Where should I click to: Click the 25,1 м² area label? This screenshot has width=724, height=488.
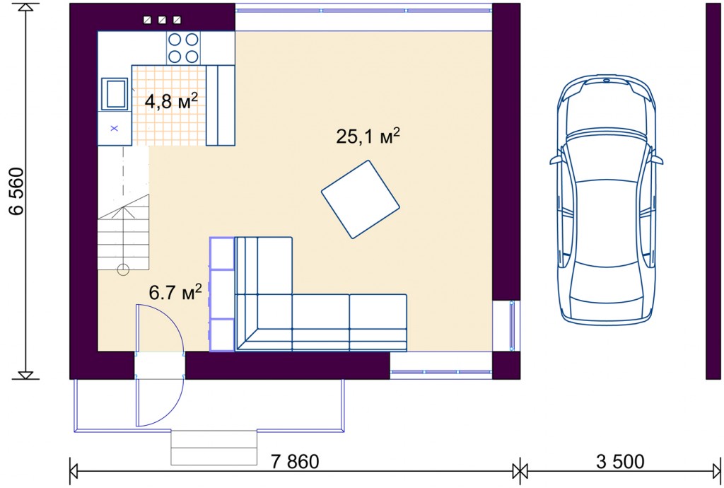tap(368, 136)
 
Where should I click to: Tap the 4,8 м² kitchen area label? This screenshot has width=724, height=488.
tap(171, 101)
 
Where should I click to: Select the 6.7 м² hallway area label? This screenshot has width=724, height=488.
tap(175, 293)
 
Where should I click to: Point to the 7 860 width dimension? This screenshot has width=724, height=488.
tap(295, 461)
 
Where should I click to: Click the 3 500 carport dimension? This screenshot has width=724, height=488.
tap(620, 461)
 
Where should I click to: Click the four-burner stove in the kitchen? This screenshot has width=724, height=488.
tap(183, 48)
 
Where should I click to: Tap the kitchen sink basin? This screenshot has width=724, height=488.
tap(114, 94)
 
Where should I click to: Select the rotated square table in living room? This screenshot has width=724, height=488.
tap(360, 199)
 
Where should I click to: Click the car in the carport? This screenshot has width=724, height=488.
tap(606, 200)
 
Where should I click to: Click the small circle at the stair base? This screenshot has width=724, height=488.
tap(123, 269)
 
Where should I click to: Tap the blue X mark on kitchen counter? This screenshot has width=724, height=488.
tap(114, 128)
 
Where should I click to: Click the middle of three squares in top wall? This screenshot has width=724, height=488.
tap(162, 20)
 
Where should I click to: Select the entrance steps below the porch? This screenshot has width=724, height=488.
tap(214, 448)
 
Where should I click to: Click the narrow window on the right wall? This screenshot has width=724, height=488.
tap(511, 326)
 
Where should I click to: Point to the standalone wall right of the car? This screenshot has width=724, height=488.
tap(713, 191)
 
